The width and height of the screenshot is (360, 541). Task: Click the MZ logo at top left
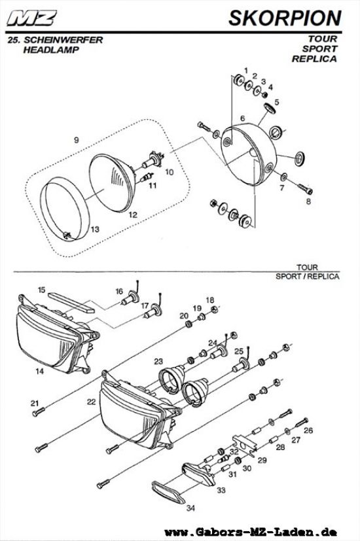point(31,18)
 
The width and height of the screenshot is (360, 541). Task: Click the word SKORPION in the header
point(285,18)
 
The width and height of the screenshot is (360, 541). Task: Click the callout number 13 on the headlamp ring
point(95,229)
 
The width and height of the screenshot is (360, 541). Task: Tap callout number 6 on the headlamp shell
point(242,118)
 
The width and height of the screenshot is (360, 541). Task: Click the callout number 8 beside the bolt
point(308,202)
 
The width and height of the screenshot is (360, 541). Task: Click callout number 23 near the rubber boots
point(158,361)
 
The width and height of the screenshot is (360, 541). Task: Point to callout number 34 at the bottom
point(191,508)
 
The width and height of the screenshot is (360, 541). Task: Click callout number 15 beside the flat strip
point(41,289)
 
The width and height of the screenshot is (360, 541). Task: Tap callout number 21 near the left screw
point(34,403)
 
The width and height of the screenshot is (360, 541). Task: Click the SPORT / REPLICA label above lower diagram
point(308,276)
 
